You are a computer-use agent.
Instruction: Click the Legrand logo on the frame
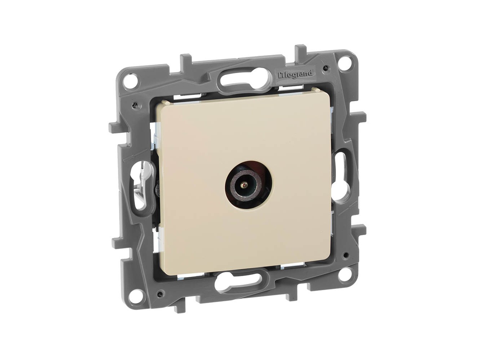pyautogui.click(x=294, y=74)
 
